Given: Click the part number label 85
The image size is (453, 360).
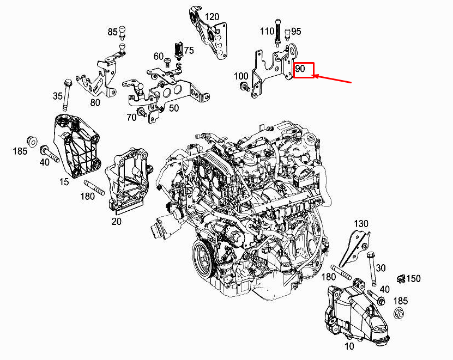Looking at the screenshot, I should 112,33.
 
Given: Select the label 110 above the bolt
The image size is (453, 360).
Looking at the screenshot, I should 267,32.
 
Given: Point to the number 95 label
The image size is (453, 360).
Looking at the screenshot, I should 296,32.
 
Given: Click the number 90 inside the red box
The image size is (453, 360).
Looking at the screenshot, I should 300,70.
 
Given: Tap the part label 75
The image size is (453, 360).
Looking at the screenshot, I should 189,51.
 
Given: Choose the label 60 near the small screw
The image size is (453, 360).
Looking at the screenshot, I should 159,57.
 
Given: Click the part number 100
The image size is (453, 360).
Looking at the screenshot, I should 240,76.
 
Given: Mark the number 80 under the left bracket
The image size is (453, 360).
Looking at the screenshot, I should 95,101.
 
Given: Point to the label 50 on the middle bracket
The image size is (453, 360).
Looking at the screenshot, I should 173,108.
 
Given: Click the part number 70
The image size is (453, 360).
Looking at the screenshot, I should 131,117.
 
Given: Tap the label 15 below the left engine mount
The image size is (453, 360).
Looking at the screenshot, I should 64,182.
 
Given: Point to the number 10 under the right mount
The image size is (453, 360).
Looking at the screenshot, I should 348,345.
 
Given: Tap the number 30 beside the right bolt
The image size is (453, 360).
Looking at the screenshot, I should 380,267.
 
